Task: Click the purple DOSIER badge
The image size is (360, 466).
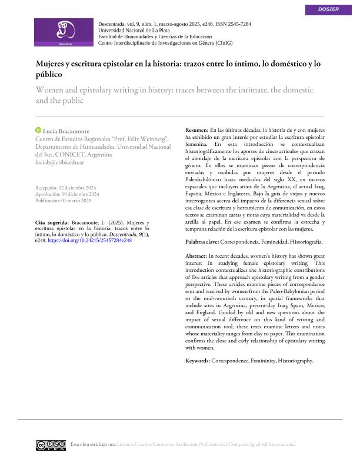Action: pyautogui.click(x=328, y=9)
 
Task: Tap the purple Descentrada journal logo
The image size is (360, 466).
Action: pyautogui.click(x=65, y=32)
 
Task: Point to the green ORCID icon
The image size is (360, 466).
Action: pyautogui.click(x=38, y=129)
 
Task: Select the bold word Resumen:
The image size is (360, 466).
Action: pyautogui.click(x=196, y=129)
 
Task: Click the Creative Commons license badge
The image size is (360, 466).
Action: pyautogui.click(x=50, y=444)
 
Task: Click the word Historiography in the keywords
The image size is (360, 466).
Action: pyautogui.click(x=295, y=360)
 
